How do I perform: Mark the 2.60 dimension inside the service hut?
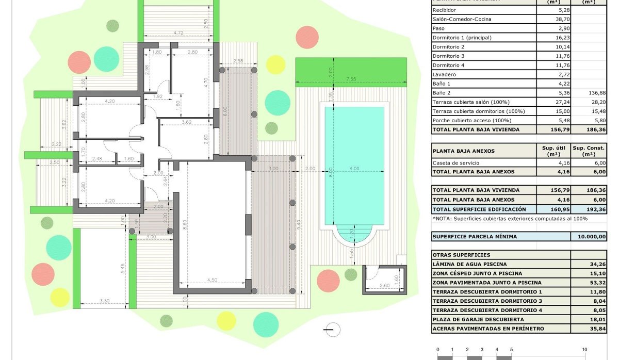(384, 285)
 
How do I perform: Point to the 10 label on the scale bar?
(585, 350)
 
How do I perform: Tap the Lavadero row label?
(444, 74)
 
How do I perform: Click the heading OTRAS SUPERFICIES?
(462, 255)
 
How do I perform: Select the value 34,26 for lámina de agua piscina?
(598, 264)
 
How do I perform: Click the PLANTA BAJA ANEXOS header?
(464, 151)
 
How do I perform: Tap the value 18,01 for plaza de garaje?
(598, 319)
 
